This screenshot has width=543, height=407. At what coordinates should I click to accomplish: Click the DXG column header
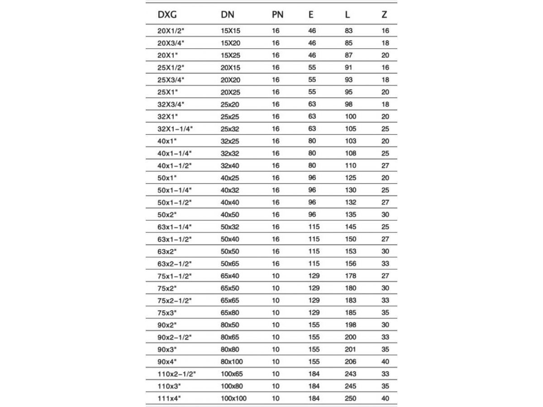point(167,14)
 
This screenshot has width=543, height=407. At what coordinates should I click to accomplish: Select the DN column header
point(228,14)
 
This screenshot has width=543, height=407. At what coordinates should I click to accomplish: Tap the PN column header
point(277,14)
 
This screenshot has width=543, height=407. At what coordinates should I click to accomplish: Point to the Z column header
point(384,14)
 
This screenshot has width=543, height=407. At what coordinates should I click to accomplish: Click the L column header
point(347,14)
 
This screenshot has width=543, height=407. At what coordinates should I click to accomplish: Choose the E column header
point(311,14)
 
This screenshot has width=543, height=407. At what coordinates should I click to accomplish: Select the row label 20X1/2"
point(171,31)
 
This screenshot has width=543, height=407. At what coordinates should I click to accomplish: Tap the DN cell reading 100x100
point(233,398)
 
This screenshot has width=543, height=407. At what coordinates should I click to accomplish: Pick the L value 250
point(350,398)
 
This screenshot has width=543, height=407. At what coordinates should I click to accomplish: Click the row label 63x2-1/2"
point(175,264)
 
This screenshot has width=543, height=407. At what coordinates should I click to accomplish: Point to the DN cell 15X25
point(230,56)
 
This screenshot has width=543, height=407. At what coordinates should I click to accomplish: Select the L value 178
point(350,276)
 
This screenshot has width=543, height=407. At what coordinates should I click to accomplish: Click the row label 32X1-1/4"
point(175,129)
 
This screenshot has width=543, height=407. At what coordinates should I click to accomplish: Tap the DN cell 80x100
point(232,362)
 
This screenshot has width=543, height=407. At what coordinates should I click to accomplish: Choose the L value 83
point(348,31)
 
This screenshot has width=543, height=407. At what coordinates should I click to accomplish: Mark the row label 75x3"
point(167,312)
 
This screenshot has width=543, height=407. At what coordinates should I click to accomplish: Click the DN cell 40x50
point(230,215)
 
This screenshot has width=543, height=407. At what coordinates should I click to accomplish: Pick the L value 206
point(350,362)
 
